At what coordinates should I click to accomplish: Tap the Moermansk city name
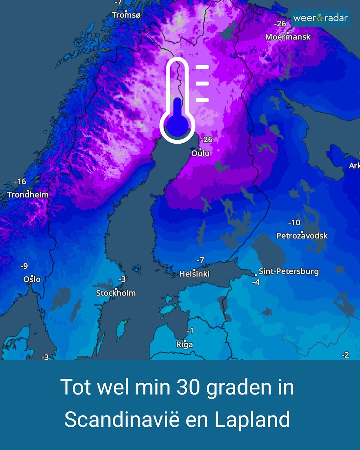pyautogui.click(x=288, y=37)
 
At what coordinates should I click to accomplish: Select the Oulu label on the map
pyautogui.click(x=201, y=153)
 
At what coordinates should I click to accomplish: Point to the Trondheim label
pyautogui.click(x=28, y=195)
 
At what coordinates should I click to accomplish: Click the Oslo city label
pyautogui.click(x=32, y=279)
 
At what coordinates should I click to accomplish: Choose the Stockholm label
pyautogui.click(x=116, y=293)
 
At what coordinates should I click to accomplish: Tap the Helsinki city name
pyautogui.click(x=194, y=274)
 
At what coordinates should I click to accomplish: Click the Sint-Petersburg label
pyautogui.click(x=288, y=271)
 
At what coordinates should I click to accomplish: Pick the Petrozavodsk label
pyautogui.click(x=302, y=236)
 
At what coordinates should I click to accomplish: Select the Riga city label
pyautogui.click(x=184, y=344)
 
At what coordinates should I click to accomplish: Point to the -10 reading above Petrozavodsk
pyautogui.click(x=294, y=223)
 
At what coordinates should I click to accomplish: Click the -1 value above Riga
pyautogui.click(x=190, y=331)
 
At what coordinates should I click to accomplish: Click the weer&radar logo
pyautogui.click(x=320, y=18)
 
